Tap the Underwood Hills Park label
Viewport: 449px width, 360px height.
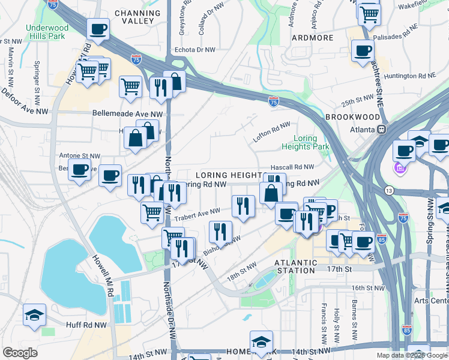click(x=46, y=32)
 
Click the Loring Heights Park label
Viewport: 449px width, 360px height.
click(x=305, y=142)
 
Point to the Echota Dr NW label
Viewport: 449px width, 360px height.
click(x=194, y=50)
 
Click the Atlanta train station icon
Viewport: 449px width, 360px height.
click(x=381, y=129)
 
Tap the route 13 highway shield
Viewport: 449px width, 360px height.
click(x=390, y=190)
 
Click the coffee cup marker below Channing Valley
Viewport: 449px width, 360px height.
click(x=98, y=28)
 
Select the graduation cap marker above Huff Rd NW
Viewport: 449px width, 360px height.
click(x=34, y=314)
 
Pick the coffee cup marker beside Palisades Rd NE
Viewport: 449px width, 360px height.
click(x=362, y=50)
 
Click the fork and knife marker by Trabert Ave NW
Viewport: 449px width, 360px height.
click(x=243, y=206)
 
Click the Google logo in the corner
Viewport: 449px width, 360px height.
click(x=20, y=353)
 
